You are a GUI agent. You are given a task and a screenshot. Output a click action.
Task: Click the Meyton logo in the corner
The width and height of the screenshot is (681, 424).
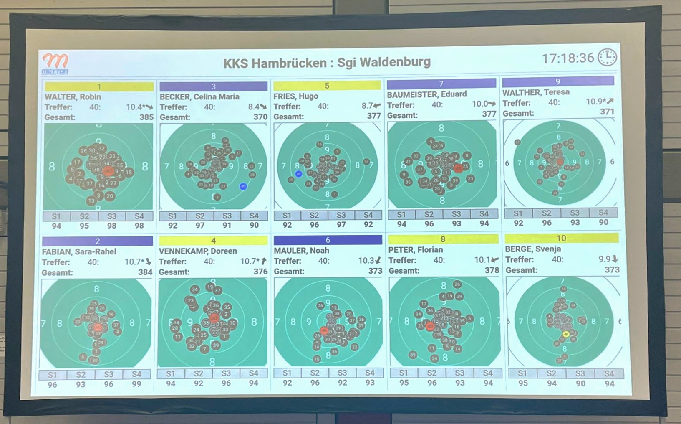coord(55,63)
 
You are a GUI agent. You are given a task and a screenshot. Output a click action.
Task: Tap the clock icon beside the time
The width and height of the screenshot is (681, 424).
coord(607,57)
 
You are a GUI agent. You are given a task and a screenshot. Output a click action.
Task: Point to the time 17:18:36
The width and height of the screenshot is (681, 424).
coord(567,58)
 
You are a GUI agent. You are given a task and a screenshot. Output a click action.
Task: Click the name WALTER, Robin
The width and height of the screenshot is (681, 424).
coord(73,97)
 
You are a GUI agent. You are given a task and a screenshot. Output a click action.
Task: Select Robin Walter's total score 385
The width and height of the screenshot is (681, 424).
coord(146,117)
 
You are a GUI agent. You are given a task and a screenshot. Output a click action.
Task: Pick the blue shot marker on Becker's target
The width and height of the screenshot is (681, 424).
coord(243,186)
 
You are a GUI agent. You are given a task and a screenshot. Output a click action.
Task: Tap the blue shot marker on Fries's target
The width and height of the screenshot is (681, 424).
coord(298,174)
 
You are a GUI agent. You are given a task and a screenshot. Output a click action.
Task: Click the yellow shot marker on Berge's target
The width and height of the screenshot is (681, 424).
coord(566,334)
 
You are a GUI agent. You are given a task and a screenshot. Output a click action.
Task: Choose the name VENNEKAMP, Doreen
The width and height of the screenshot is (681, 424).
coord(198,251)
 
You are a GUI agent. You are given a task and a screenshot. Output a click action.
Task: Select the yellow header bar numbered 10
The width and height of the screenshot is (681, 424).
coord(561,238)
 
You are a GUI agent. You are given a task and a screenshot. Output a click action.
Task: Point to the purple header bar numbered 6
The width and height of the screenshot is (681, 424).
coord(328,240)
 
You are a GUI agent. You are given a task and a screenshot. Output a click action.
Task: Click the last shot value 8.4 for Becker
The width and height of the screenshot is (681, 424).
coord(254,107)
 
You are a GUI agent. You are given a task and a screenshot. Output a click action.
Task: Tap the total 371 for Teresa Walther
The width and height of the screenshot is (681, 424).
coord(607,112)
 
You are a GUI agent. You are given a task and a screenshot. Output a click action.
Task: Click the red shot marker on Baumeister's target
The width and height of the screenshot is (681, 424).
coord(458,168)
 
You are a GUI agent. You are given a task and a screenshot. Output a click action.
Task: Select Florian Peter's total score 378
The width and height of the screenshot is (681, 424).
coord(492,270)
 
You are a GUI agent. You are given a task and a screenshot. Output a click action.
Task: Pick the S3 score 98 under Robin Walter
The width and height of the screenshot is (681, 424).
coord(111,226)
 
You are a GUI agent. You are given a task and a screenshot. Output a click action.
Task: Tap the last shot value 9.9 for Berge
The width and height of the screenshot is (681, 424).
coord(604,259)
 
